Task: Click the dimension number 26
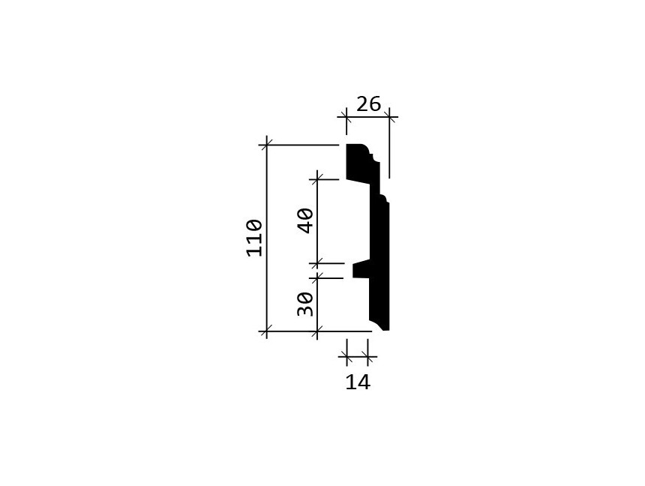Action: pos(368,104)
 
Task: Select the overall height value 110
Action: pos(255,238)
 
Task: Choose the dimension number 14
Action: pos(358,382)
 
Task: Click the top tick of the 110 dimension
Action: pos(266,145)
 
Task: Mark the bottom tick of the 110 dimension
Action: pos(266,331)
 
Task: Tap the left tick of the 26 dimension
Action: pos(346,118)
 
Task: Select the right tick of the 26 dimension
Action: pos(389,118)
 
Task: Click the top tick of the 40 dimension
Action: pos(316,179)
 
